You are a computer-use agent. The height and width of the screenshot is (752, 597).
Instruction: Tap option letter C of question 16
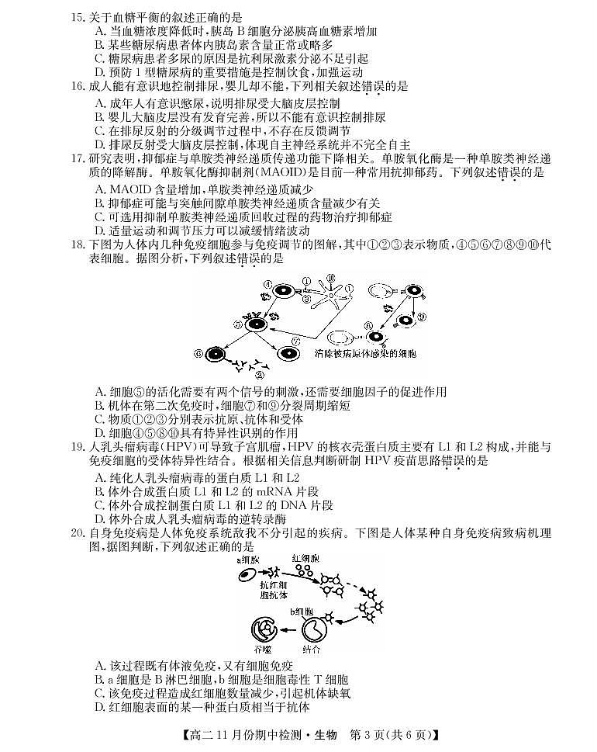99,131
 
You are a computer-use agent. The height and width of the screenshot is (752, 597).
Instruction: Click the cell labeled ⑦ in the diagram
288,353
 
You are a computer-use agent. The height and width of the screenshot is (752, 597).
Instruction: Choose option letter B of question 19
99,491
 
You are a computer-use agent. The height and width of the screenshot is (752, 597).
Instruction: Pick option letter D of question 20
99,707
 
